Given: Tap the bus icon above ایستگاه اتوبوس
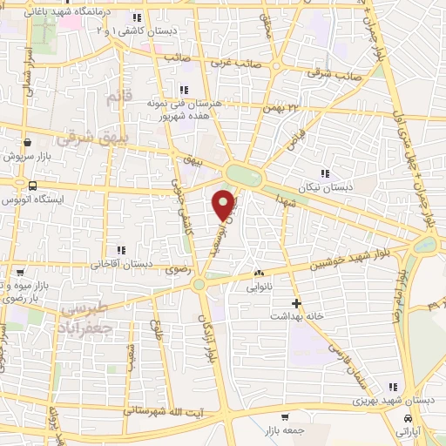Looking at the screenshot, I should point(33,185).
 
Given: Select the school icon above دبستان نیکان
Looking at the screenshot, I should point(326,173).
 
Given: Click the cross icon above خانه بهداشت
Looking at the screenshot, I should point(297,304).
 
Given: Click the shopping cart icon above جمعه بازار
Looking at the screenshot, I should point(285,416).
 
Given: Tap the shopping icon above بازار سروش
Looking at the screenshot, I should point(28,142).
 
